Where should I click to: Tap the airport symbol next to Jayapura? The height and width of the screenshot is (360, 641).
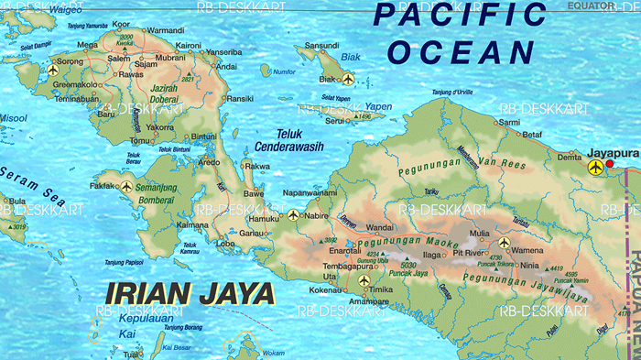(x=597, y=167)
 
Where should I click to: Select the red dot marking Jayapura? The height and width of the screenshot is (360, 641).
(x=611, y=164)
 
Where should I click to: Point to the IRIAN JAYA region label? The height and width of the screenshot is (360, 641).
(x=190, y=293)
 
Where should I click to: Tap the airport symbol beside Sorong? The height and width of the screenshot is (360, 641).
(x=53, y=70)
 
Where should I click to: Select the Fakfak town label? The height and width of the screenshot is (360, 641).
(x=102, y=186)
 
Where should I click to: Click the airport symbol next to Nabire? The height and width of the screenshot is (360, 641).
(x=293, y=216)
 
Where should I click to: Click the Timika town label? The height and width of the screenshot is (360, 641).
(x=382, y=289)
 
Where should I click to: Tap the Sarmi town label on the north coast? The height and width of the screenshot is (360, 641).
(x=509, y=121)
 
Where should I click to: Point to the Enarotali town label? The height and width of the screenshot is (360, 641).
(x=345, y=249)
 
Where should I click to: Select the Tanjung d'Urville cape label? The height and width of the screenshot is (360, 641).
(x=451, y=93)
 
